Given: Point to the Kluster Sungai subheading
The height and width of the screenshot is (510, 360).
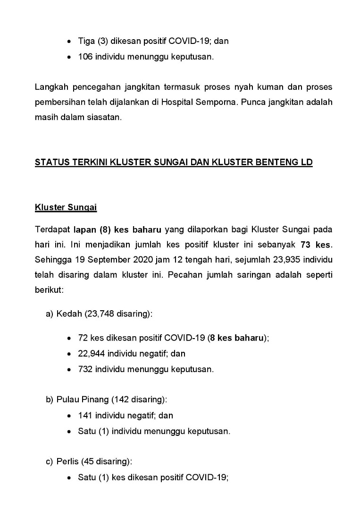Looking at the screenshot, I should [x=66, y=207].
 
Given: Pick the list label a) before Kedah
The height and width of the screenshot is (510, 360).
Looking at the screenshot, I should [x=50, y=314].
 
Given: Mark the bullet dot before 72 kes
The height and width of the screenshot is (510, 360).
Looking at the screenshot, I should [x=70, y=338].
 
